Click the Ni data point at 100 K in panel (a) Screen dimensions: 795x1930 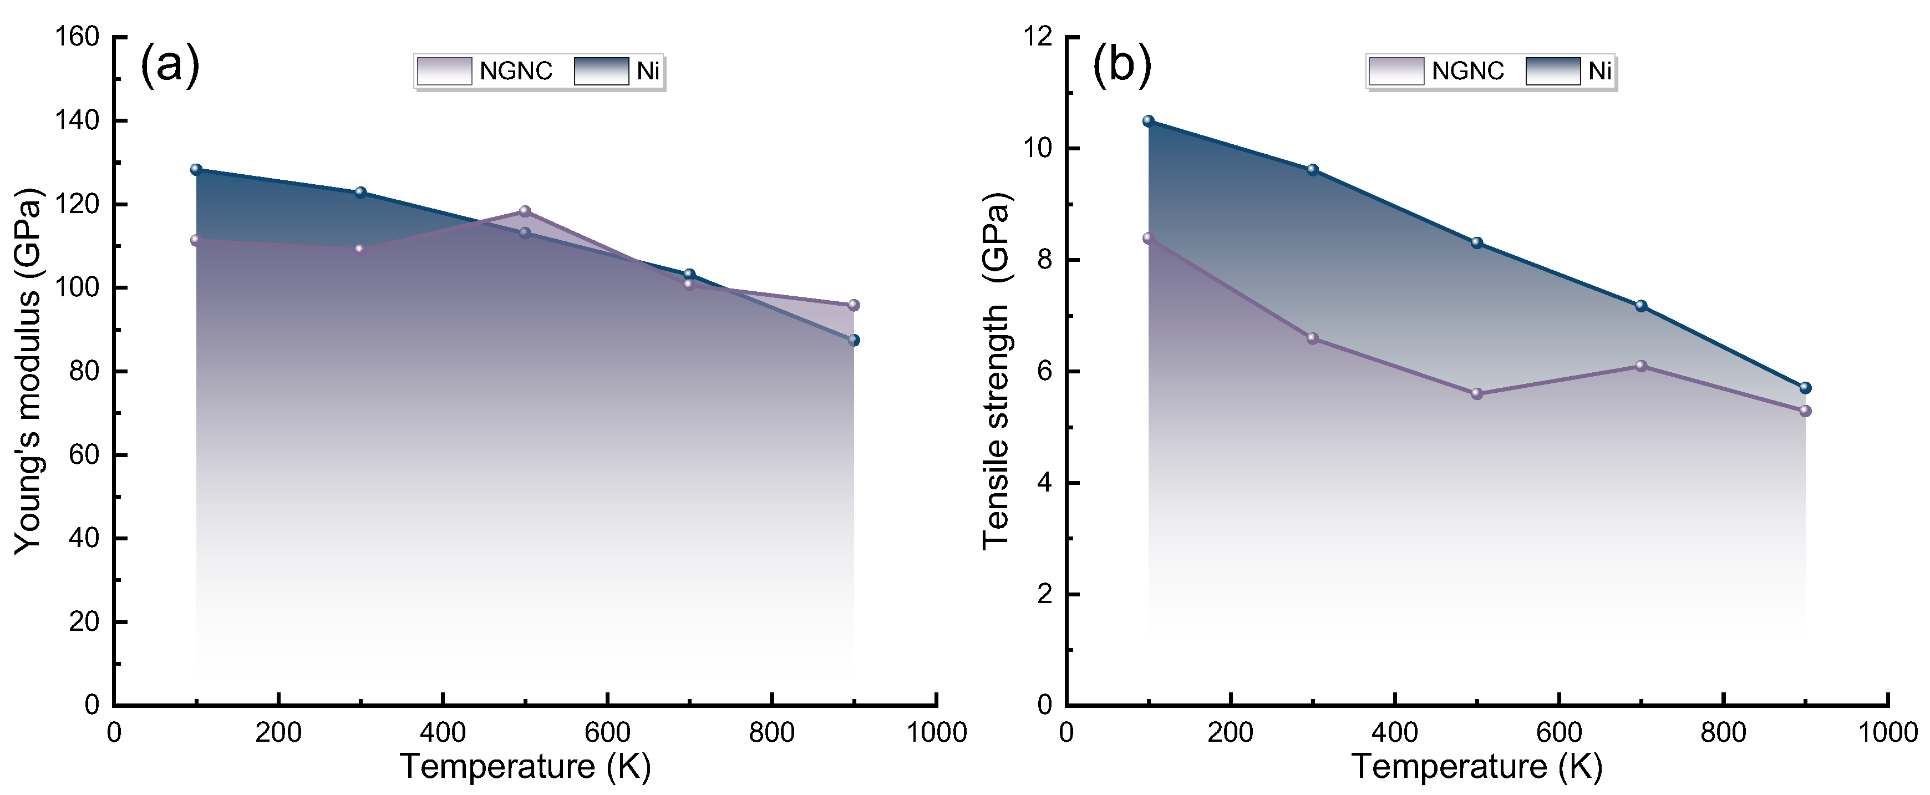(196, 169)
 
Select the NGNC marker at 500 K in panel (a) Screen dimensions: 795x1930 (525, 211)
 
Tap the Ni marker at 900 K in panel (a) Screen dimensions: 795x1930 (854, 340)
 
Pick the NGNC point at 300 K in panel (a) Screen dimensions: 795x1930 (359, 249)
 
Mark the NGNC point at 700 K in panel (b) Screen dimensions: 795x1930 (1641, 366)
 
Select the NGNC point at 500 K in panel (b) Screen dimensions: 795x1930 (1477, 393)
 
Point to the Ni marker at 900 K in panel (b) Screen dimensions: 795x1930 (1805, 387)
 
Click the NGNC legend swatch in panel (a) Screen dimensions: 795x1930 (444, 71)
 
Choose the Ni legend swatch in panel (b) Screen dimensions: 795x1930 (1553, 71)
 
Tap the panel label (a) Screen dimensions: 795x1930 (170, 66)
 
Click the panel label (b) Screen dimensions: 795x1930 (1121, 66)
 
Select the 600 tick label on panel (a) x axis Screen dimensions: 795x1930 (608, 733)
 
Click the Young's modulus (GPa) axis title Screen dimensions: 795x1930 (28, 371)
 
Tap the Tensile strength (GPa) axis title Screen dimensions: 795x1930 (997, 371)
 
